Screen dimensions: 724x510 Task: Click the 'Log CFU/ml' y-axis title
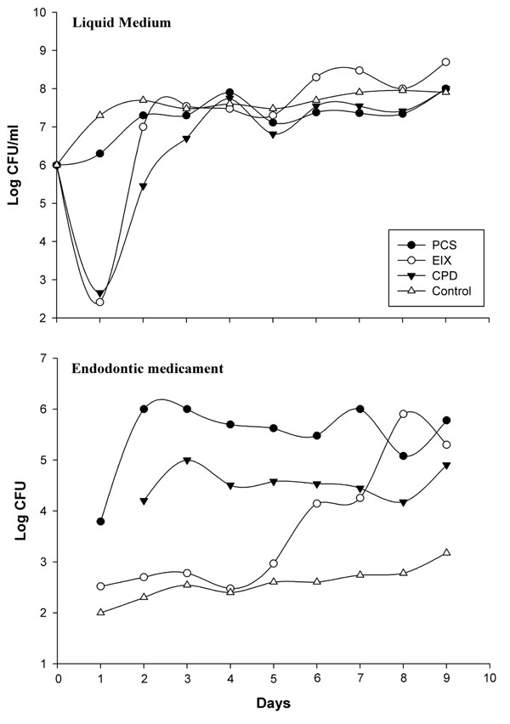13,166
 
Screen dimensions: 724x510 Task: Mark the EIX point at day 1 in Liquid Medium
100,302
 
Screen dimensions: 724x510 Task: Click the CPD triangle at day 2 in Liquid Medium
143,186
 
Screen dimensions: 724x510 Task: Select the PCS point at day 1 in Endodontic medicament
100,521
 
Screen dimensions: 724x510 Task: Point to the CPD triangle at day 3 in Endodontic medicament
186,460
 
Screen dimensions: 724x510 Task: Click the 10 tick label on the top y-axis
40,13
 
